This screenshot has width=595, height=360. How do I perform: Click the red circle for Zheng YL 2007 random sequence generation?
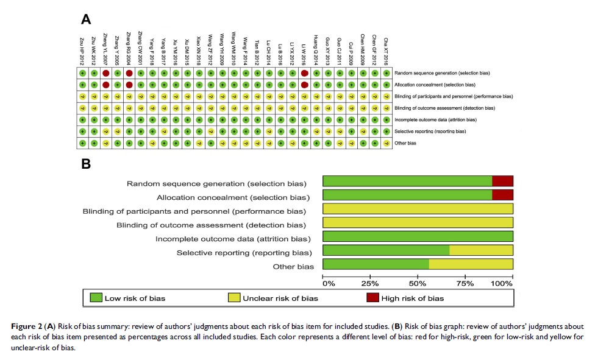[x=105, y=73]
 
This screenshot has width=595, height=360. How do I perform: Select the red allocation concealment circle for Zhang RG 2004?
[x=129, y=85]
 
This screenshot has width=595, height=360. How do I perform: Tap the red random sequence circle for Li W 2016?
[x=304, y=73]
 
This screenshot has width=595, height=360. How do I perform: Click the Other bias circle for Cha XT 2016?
[x=386, y=143]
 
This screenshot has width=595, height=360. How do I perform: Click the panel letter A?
[x=87, y=20]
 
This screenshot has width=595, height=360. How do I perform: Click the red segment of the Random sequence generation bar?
[x=502, y=181]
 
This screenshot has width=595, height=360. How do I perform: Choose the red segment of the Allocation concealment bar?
[x=502, y=195]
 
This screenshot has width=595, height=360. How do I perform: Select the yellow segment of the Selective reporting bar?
[x=481, y=250]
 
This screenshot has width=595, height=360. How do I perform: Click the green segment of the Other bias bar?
[x=376, y=264]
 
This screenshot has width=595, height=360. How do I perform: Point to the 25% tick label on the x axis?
[x=369, y=284]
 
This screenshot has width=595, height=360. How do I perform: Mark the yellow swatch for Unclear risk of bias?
[x=233, y=298]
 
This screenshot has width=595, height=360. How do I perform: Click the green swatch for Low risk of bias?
[x=96, y=298]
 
